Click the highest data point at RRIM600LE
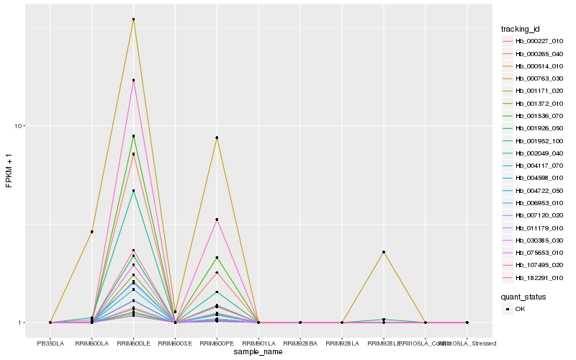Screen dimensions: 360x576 point(133,19)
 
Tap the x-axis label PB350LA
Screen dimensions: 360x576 point(50,343)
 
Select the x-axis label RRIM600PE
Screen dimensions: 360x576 point(217,343)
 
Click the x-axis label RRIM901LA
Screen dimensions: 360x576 point(258,343)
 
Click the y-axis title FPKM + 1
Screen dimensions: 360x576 point(9,171)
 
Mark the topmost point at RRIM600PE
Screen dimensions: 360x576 point(217,138)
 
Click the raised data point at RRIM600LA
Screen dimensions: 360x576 point(92,232)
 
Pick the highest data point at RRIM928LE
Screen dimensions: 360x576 point(384,252)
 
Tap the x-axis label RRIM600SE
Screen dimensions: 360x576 point(175,343)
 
